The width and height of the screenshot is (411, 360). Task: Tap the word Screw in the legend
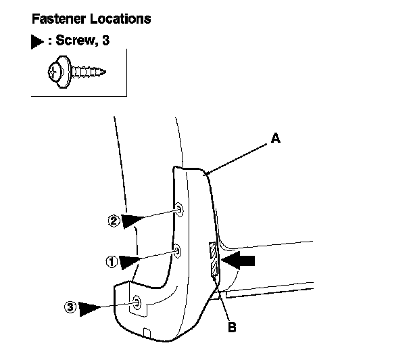tap(76, 41)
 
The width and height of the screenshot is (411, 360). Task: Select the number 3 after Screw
tap(105, 41)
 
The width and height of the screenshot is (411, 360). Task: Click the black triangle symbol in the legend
tap(37, 42)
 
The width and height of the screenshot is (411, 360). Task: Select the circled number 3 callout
tap(70, 307)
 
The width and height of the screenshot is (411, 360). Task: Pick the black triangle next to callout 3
tap(91, 308)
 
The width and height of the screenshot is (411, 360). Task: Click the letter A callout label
tap(275, 138)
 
